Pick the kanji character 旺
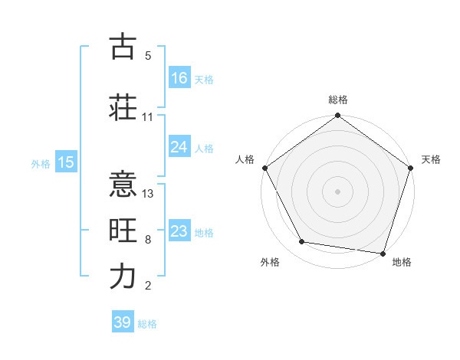click(x=123, y=230)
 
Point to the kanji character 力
click(x=123, y=277)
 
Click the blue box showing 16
click(x=179, y=77)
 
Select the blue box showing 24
click(x=179, y=147)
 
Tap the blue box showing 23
click(x=179, y=231)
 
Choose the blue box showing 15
click(x=65, y=162)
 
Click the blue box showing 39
click(x=123, y=322)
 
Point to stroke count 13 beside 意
click(x=149, y=193)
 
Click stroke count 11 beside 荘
click(x=148, y=117)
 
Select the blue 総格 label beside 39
click(x=147, y=324)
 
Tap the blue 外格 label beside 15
click(x=41, y=163)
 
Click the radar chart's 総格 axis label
click(x=338, y=100)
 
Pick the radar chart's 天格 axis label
click(x=431, y=159)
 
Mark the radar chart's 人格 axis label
click(x=245, y=159)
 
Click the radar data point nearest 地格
click(x=383, y=253)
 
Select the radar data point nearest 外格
click(x=302, y=242)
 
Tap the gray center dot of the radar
click(x=337, y=191)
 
